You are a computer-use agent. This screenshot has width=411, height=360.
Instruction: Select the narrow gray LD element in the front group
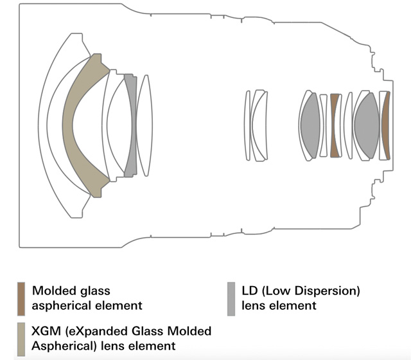coord(131,125)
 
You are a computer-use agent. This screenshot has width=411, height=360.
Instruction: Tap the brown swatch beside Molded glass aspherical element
coord(21,299)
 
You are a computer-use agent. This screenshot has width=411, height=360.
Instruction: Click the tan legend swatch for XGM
coord(21,339)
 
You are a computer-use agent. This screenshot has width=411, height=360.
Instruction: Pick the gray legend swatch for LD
coord(231,299)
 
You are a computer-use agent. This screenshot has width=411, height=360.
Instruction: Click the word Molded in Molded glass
coord(50,291)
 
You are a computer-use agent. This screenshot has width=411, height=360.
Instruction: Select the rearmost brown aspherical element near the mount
coord(385,125)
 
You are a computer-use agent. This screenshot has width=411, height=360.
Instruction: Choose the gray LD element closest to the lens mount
coord(367,125)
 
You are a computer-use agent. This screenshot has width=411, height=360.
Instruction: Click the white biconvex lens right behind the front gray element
coord(144,125)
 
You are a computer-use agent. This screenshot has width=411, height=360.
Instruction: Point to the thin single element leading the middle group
coord(247,125)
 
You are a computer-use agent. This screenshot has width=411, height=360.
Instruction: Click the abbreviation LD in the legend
coord(250,291)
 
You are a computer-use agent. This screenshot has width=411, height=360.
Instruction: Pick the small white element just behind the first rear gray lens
coord(324,125)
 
